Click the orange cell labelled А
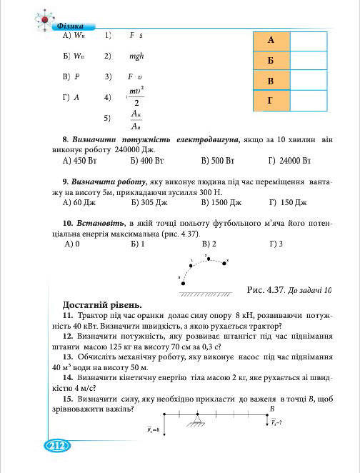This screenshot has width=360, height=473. [271, 41]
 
